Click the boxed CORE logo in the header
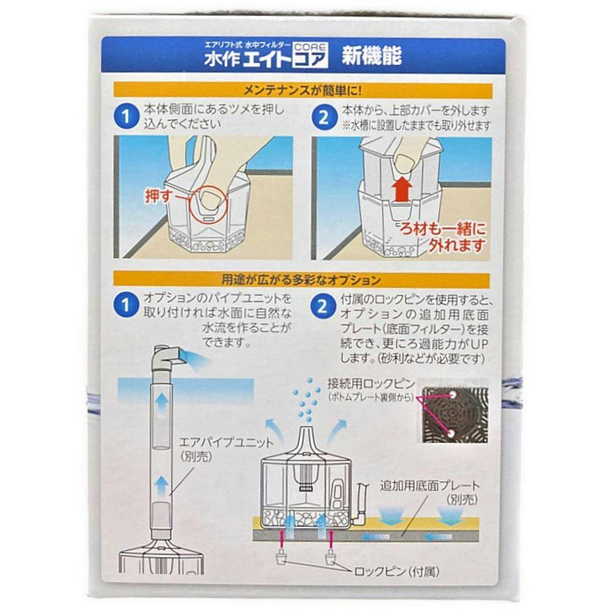pos(311,55)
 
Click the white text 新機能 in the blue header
pos(371,56)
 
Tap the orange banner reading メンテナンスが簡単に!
pos(303,91)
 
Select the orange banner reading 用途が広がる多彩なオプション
pos(301,280)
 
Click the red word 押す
pos(158,196)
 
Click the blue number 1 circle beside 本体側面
pos(126,116)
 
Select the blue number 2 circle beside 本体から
pos(323,117)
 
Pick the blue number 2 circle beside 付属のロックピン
pos(323,307)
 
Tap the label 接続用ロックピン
pos(371,384)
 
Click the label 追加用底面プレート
pos(430,485)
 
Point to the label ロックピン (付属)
pos(396,571)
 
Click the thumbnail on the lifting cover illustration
pos(403,163)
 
